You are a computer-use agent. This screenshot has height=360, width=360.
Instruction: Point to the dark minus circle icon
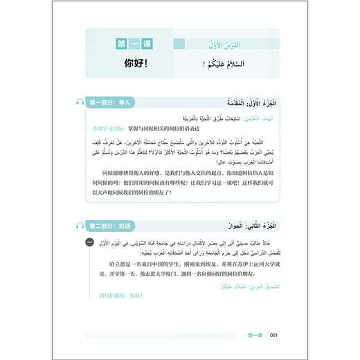(x=90, y=242)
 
